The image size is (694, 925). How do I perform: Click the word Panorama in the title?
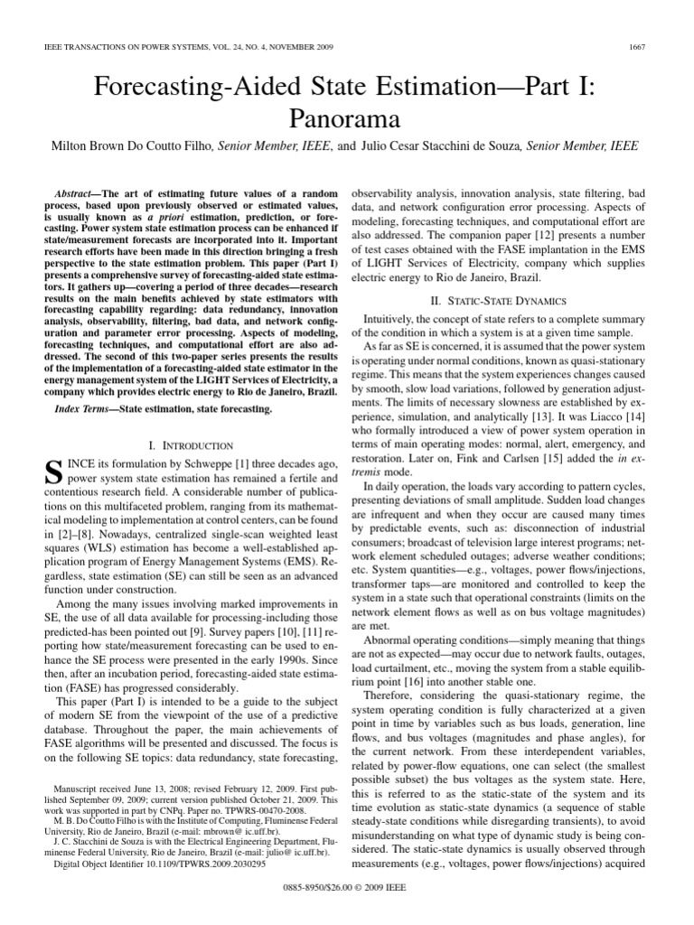click(346, 117)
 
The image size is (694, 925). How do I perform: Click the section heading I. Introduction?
click(189, 446)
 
